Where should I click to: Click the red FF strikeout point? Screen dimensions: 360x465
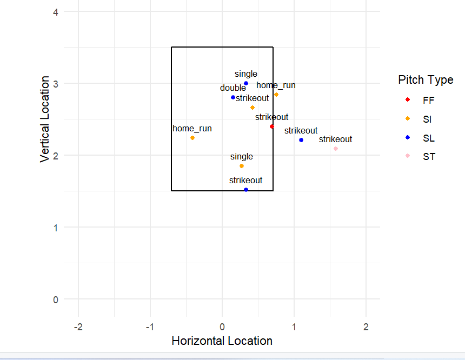(272, 126)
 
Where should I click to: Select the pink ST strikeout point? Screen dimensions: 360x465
(336, 149)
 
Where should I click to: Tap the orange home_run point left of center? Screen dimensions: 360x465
(192, 138)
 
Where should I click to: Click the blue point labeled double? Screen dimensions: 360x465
(233, 97)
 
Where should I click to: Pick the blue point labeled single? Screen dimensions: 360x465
(246, 83)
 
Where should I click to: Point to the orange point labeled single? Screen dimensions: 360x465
(242, 166)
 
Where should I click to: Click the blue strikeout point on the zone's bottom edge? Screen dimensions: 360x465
(246, 190)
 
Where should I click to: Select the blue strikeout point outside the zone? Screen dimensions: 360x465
(301, 140)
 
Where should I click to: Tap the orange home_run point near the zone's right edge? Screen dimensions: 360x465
(276, 95)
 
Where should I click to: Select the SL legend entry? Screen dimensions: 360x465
(428, 138)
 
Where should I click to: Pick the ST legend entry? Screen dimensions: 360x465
(428, 157)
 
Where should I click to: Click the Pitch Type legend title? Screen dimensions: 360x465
(426, 80)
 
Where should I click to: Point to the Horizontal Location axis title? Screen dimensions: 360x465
(222, 341)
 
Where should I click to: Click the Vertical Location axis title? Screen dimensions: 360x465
(45, 119)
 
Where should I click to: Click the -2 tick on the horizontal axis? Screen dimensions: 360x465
(78, 328)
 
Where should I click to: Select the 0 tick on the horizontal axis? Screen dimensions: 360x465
(222, 328)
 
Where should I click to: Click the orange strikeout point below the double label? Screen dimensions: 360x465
(253, 108)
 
